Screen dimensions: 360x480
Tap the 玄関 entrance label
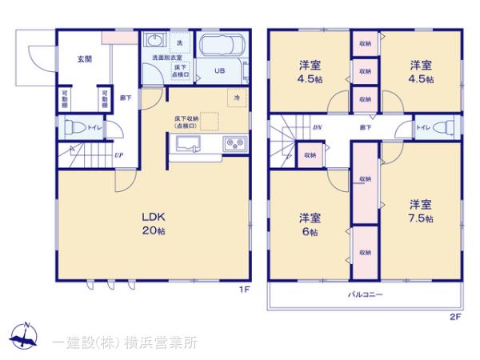point(83,58)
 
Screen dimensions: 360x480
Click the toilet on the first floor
point(74,126)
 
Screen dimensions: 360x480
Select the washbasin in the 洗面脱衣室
point(155,42)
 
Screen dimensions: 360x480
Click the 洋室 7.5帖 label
point(421,210)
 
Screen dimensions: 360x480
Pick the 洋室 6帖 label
point(310,223)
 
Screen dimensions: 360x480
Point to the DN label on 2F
point(316,127)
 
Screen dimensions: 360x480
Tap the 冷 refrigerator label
point(238,98)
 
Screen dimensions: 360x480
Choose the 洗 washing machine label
point(178,42)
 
